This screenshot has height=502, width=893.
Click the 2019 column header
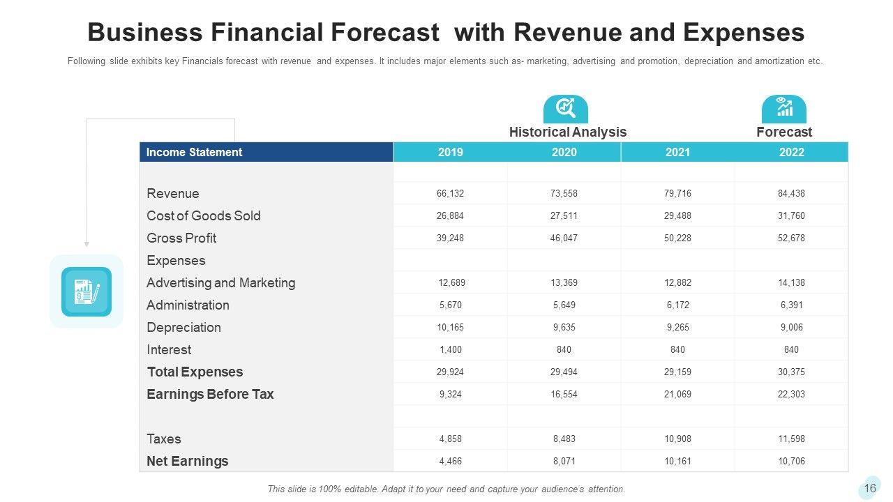450,152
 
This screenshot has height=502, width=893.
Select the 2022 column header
791,152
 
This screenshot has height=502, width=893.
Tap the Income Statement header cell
194,152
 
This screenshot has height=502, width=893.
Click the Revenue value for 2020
564,194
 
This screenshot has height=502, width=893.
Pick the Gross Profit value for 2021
677,238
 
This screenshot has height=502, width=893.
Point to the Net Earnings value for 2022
791,462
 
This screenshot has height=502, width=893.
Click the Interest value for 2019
450,350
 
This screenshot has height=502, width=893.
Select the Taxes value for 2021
677,439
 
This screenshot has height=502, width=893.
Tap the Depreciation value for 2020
564,328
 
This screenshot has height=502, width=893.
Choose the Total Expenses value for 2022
791,372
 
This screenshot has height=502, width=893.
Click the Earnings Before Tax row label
210,395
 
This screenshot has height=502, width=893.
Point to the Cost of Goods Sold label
203,216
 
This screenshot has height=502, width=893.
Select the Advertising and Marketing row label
220,283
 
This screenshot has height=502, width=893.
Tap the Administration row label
188,305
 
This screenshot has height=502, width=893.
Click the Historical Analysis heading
567,132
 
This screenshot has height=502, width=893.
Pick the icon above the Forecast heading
783,108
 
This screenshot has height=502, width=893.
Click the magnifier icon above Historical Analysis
565,108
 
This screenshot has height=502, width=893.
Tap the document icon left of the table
87,291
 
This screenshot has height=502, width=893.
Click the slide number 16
869,488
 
